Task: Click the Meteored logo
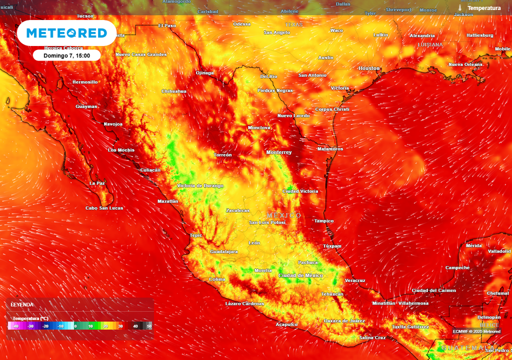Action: coord(66,33)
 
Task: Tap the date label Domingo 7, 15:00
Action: coord(66,55)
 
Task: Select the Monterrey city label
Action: coord(279,152)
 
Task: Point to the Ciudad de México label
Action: coord(300,275)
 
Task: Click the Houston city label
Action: coord(369,68)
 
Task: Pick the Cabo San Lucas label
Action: coord(104,208)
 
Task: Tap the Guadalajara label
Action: coord(224,251)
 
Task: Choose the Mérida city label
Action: coord(473,246)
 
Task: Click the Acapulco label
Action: coord(286,324)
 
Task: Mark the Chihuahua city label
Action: coord(174,91)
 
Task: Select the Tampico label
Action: coord(323,221)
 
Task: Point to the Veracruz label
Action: coord(355,280)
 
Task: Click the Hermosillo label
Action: coord(85,82)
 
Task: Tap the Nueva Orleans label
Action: coord(465,64)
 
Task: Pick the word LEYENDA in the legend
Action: coord(22,304)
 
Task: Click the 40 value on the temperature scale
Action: coord(135,326)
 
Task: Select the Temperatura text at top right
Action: coord(483,8)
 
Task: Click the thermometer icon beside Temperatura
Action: coord(460,8)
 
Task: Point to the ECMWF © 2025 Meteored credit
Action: coord(476,331)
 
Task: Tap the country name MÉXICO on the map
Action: coord(284,215)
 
